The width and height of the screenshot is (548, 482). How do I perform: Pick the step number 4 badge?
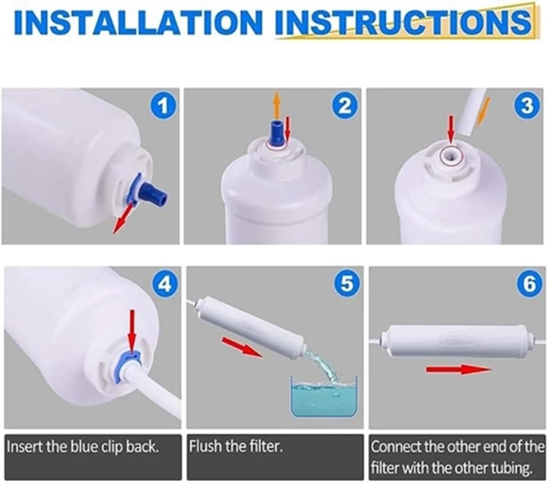click(x=165, y=285)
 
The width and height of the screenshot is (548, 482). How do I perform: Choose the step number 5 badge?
click(x=347, y=285)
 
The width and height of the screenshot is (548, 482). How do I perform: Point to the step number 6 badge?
click(x=529, y=285)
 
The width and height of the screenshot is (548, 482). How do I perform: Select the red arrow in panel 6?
click(x=458, y=369)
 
